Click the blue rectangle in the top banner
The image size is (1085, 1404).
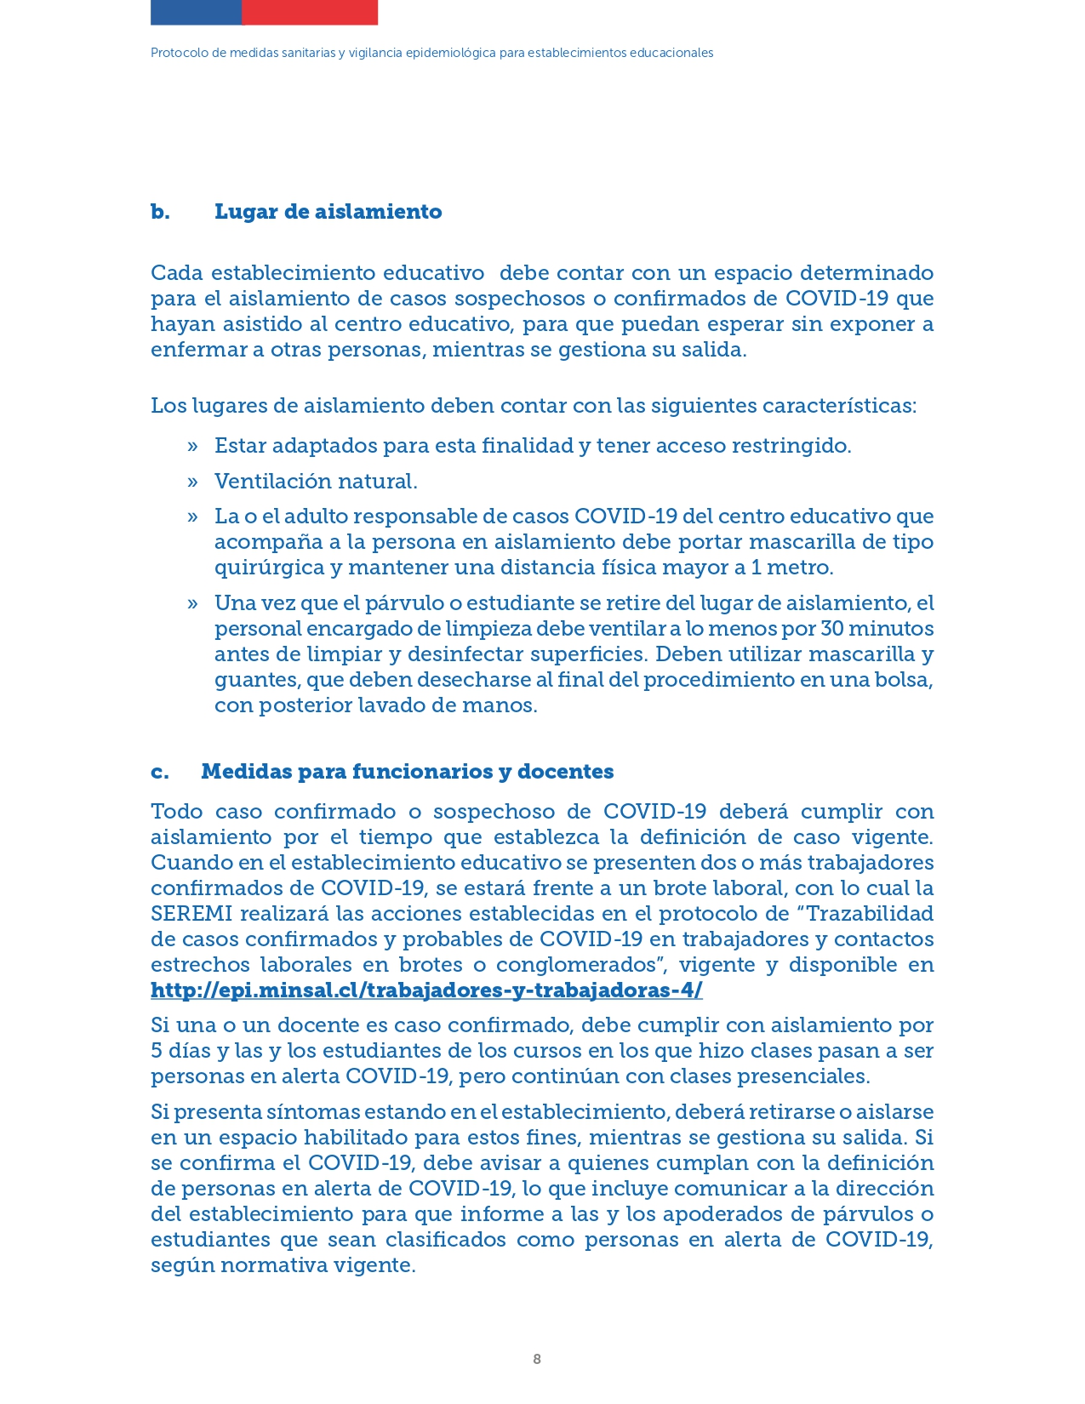click(x=196, y=12)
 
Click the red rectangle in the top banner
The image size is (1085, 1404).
click(x=310, y=12)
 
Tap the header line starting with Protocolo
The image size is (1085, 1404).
click(x=431, y=53)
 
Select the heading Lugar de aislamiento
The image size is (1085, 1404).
click(x=328, y=212)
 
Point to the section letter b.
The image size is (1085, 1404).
click(x=160, y=212)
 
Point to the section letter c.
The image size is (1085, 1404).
click(x=160, y=772)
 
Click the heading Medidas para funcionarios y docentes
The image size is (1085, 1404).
click(x=407, y=772)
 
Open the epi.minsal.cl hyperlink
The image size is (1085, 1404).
click(x=426, y=990)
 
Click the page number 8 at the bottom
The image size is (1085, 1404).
click(x=537, y=1359)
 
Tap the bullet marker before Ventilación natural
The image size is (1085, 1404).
click(x=193, y=482)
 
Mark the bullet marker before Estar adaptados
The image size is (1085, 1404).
click(x=193, y=447)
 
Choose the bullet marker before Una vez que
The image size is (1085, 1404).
click(x=193, y=604)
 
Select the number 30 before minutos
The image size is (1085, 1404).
click(x=832, y=629)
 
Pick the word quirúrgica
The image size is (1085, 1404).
click(x=270, y=568)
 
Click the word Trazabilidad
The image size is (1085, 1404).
click(x=869, y=914)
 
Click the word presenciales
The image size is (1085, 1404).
click(x=803, y=1076)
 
